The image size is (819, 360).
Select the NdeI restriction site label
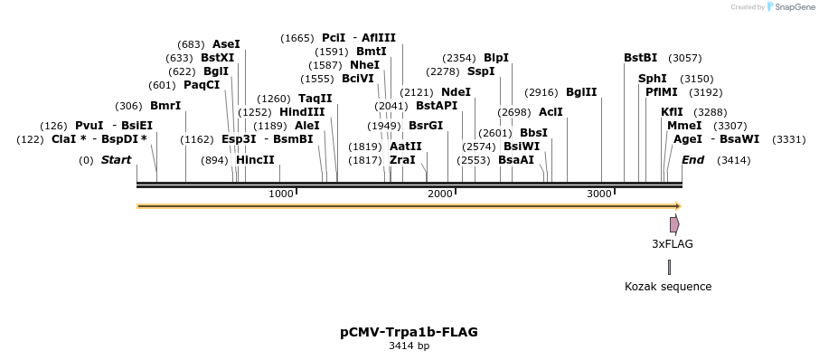point(456,92)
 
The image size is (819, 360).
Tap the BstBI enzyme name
point(640,58)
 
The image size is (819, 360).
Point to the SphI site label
point(653,79)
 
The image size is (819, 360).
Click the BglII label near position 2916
point(581,92)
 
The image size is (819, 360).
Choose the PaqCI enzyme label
point(202,85)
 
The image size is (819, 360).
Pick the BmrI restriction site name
point(165,106)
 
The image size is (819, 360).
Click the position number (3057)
point(685,58)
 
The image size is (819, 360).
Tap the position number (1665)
point(297,38)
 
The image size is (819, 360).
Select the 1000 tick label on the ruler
point(281,194)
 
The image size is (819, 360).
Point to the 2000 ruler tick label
point(440,194)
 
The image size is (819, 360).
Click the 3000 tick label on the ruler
point(599,194)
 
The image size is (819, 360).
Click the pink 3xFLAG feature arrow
point(674,224)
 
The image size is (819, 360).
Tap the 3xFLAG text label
point(673,244)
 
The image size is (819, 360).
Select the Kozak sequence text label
point(668,287)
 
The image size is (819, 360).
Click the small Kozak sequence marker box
point(669,267)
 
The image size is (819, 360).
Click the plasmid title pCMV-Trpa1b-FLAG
point(409,332)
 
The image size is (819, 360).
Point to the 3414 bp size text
point(409,346)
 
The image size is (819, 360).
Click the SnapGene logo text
point(792,7)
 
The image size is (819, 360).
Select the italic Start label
point(116,160)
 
